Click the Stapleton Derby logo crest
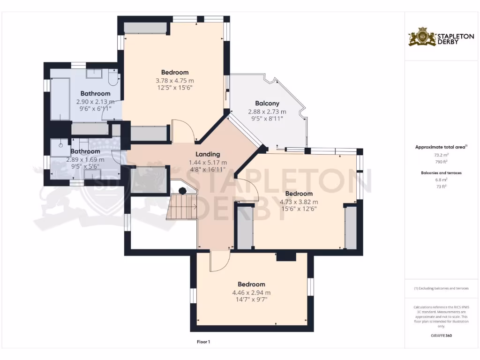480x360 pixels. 422,37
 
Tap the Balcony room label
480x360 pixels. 267,103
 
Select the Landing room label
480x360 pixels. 208,154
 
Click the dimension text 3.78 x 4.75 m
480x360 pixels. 174,80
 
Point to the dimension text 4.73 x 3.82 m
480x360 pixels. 299,202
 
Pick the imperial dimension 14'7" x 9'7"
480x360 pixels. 251,300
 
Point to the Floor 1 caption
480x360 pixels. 203,342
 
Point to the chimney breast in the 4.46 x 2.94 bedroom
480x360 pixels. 286,257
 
